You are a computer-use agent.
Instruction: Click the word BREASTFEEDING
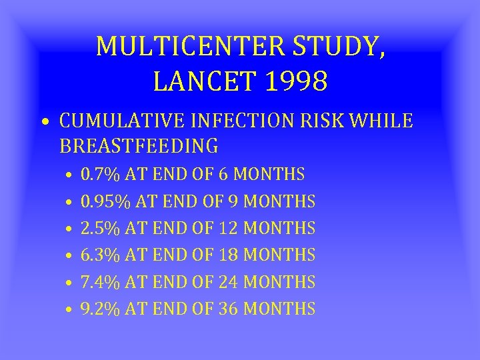click(138, 145)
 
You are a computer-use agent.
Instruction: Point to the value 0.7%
click(99, 175)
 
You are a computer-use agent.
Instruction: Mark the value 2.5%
click(99, 228)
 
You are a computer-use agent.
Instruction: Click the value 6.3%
click(99, 255)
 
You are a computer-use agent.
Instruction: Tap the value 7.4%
click(99, 282)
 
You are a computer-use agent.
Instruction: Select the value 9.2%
click(99, 309)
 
